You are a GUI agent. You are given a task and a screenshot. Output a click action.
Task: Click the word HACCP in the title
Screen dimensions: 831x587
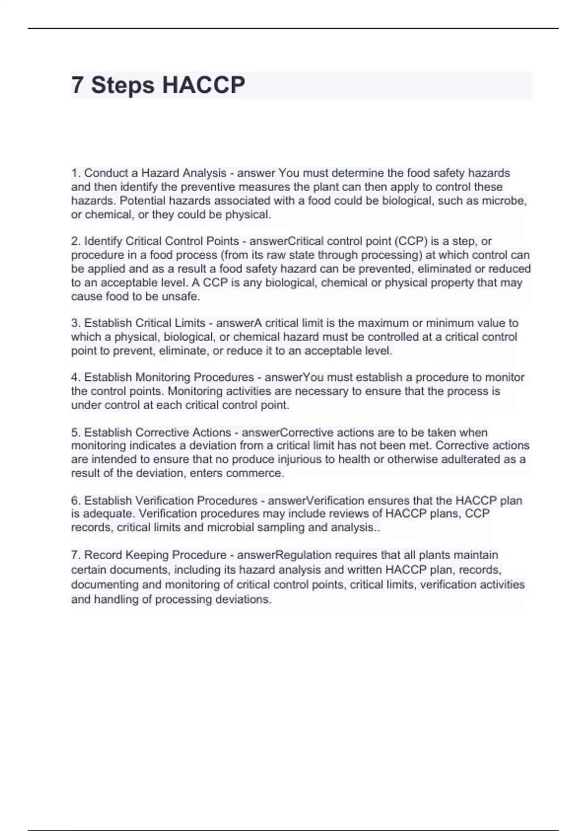[203, 85]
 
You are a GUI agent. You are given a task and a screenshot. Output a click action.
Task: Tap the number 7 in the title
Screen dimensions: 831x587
[77, 85]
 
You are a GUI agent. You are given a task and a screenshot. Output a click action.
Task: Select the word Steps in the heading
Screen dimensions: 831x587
[122, 85]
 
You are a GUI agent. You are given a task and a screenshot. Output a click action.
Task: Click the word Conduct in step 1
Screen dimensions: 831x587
[104, 173]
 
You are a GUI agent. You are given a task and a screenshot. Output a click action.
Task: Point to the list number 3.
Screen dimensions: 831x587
[75, 323]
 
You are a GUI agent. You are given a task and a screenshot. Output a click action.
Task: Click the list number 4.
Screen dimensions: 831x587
[75, 377]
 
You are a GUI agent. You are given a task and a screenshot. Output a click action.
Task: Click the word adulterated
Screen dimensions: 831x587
[478, 459]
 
